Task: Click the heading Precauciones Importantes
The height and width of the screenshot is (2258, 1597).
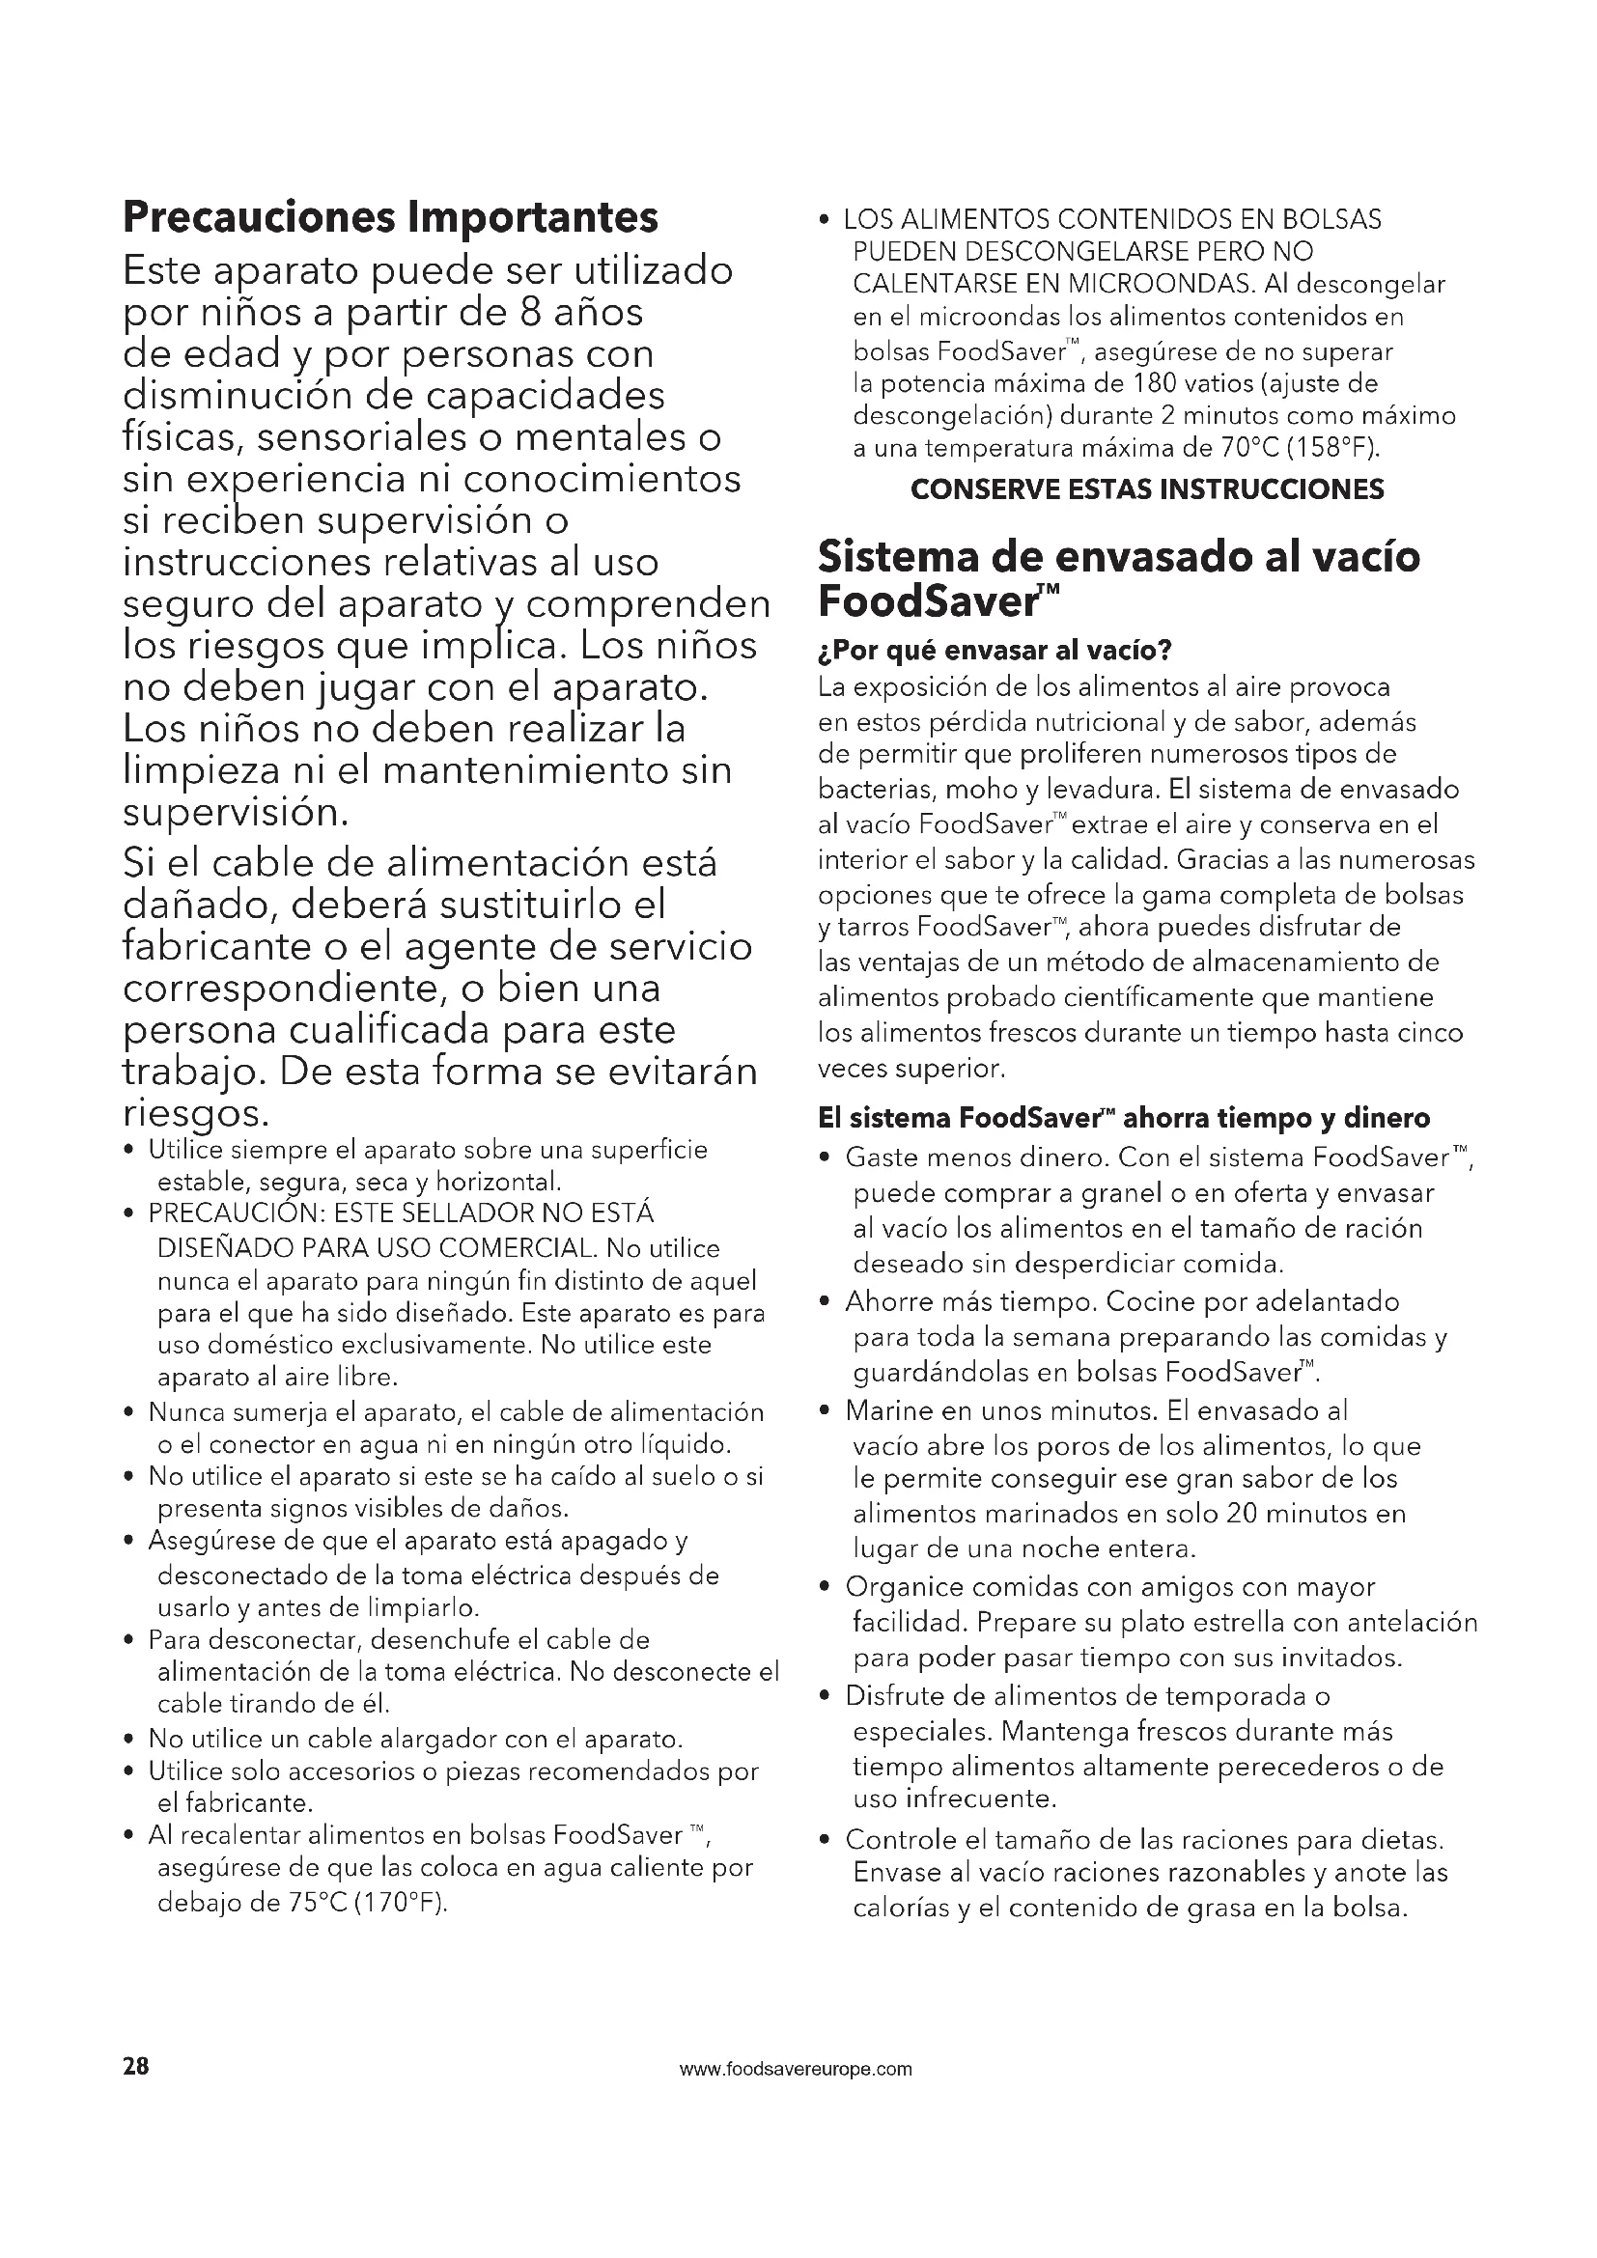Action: [x=390, y=217]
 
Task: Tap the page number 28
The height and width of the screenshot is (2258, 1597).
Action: [x=136, y=2065]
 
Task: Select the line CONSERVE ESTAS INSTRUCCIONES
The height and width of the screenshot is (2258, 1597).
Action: [x=1147, y=488]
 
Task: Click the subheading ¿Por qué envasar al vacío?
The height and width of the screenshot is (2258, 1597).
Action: [x=995, y=650]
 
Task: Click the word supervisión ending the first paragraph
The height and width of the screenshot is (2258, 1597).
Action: [x=235, y=812]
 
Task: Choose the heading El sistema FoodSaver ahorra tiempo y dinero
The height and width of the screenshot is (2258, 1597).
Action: [x=1123, y=1118]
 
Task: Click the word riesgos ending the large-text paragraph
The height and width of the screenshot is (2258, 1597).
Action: [x=195, y=1113]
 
